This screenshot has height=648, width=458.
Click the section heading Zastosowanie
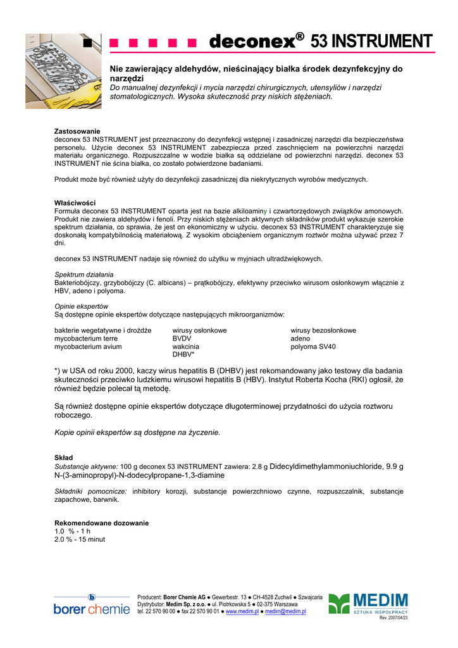click(x=77, y=131)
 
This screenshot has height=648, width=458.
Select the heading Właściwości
click(x=75, y=202)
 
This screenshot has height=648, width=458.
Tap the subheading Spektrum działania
click(x=84, y=275)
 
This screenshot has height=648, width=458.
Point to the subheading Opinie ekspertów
click(x=82, y=306)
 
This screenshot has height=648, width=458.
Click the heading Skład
click(x=64, y=458)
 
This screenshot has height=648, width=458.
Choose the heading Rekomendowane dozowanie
click(x=102, y=523)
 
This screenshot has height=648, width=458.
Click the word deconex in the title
click(x=252, y=42)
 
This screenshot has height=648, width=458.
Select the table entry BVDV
click(x=182, y=339)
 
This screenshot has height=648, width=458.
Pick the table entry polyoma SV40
click(x=313, y=347)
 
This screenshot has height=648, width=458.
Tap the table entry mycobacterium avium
click(x=88, y=347)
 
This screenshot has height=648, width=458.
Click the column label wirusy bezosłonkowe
click(x=323, y=330)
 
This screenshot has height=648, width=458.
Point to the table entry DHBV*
click(x=183, y=355)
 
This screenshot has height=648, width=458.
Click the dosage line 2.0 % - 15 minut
click(x=80, y=540)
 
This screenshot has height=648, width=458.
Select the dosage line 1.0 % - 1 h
click(x=73, y=532)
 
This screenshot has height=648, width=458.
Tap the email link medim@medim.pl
click(x=285, y=612)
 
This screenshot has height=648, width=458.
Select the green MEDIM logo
click(x=368, y=604)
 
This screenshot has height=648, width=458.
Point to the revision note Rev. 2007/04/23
click(x=393, y=618)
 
